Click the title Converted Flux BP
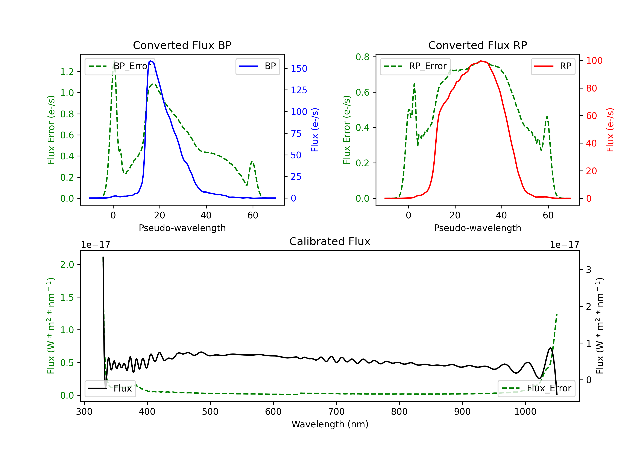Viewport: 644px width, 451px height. (x=182, y=45)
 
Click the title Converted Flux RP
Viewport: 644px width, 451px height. (x=477, y=45)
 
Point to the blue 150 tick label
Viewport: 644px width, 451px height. (x=299, y=69)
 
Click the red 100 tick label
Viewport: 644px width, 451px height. (x=594, y=61)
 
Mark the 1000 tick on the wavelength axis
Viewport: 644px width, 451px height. (x=525, y=411)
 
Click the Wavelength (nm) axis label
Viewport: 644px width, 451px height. (x=330, y=424)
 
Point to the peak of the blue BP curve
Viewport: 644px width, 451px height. (x=151, y=61)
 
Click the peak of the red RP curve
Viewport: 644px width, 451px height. (x=481, y=61)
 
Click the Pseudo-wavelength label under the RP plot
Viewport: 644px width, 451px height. (x=477, y=228)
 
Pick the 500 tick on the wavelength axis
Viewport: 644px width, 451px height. (x=210, y=411)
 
